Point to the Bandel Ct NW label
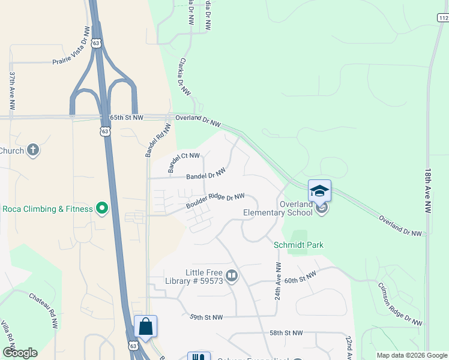coord(184,163)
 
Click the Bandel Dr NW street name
coord(206,175)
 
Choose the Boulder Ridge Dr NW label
coord(215,201)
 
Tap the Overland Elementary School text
coord(278,208)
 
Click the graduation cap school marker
coord(319,191)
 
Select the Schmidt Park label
coord(298,245)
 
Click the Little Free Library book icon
coord(232,276)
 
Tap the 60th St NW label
coord(300,278)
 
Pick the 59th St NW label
coord(206,317)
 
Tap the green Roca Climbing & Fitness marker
coord(102,209)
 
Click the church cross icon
coord(33,150)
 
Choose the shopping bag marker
coord(145,327)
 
